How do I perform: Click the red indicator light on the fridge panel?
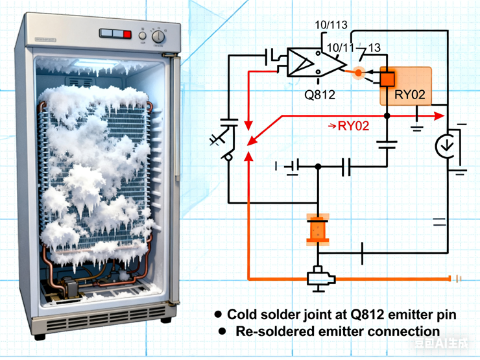click(x=127, y=34)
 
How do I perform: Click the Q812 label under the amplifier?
click(x=320, y=95)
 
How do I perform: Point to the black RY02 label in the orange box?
click(x=410, y=95)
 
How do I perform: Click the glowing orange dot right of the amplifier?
click(x=358, y=73)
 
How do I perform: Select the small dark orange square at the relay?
click(x=387, y=78)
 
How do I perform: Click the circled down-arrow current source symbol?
click(x=446, y=147)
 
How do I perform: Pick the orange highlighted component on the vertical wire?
click(x=318, y=230)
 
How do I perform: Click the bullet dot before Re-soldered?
click(x=222, y=331)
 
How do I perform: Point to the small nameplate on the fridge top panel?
click(x=46, y=40)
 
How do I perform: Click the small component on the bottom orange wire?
click(x=321, y=278)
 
